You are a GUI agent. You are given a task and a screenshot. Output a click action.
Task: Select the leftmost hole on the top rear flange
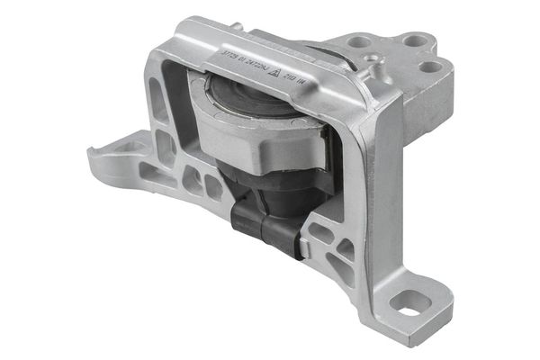[358, 40]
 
